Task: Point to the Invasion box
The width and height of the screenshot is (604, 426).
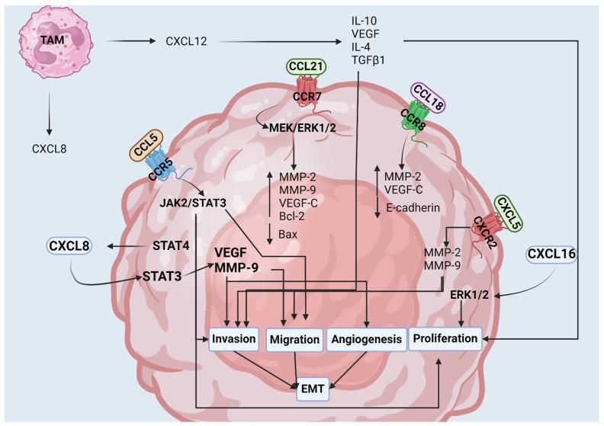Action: coord(234,338)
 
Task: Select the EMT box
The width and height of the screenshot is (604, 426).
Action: coord(314,389)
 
